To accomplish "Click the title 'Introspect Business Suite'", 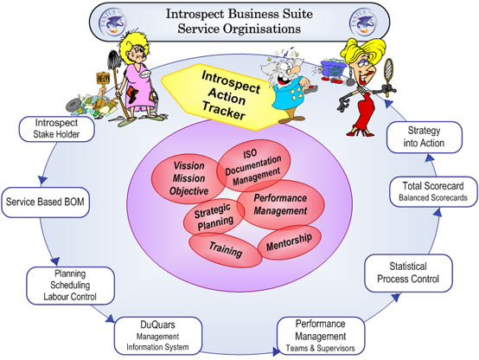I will [239, 14].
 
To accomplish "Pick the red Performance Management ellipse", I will [280, 204].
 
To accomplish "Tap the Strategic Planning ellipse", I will [213, 215].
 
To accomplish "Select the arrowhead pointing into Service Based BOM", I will [41, 182].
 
